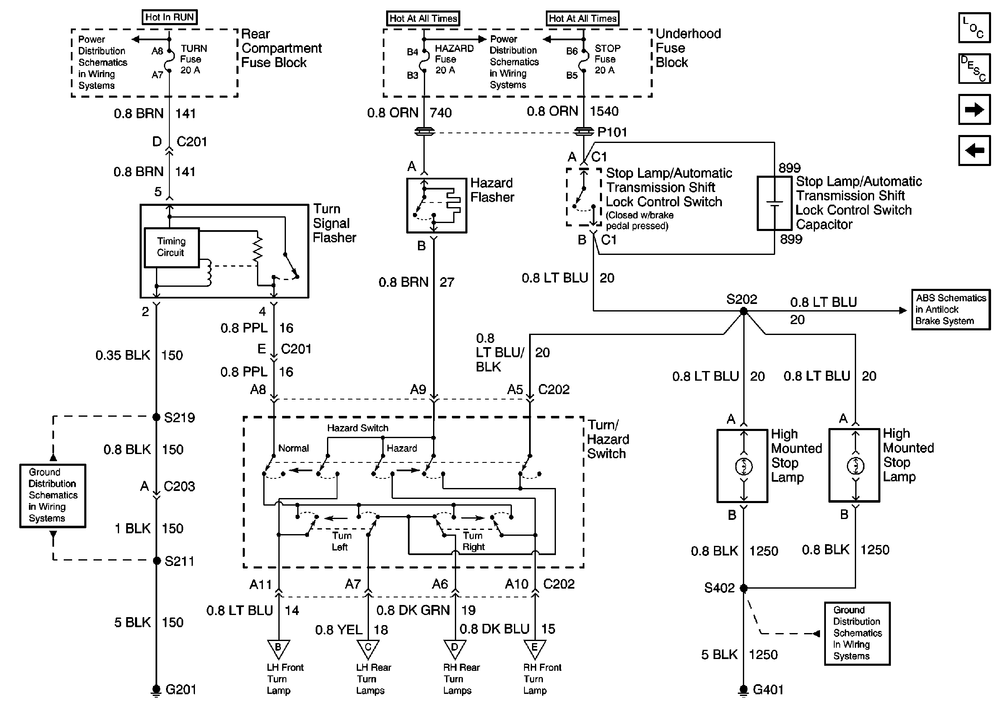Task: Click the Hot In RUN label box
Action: pyautogui.click(x=169, y=17)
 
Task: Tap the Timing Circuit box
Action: pyautogui.click(x=171, y=247)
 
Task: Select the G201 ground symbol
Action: pyautogui.click(x=156, y=690)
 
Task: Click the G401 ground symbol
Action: pyautogui.click(x=743, y=690)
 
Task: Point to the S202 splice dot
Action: pyautogui.click(x=743, y=311)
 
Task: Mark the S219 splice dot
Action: pyautogui.click(x=156, y=417)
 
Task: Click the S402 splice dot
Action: pyautogui.click(x=743, y=588)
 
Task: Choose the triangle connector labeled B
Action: pyautogui.click(x=278, y=649)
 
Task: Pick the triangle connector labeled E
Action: pyautogui.click(x=535, y=649)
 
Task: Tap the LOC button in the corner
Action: pyautogui.click(x=974, y=28)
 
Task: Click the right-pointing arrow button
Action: pyautogui.click(x=974, y=109)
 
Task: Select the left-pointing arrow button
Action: pyautogui.click(x=974, y=151)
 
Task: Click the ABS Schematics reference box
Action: pyautogui.click(x=950, y=309)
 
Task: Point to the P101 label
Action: pyautogui.click(x=612, y=132)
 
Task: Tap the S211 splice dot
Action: pyautogui.click(x=156, y=561)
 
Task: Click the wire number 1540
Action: pyautogui.click(x=604, y=112)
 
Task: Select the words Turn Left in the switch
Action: pyautogui.click(x=341, y=541)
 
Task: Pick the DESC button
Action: pyautogui.click(x=974, y=69)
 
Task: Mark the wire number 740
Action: pyautogui.click(x=440, y=113)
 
